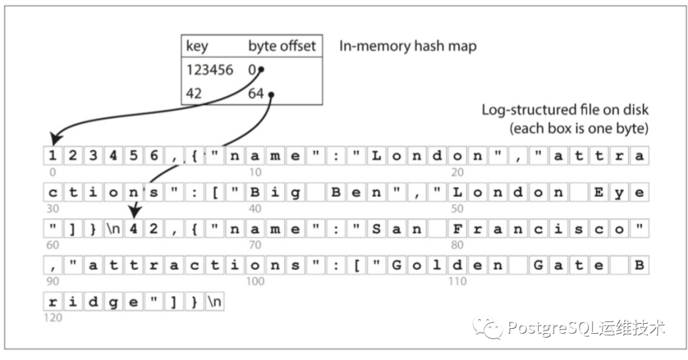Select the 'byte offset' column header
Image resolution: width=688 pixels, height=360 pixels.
(282, 47)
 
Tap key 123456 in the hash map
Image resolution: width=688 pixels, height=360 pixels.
(210, 69)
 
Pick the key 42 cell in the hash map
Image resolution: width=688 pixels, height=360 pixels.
(194, 94)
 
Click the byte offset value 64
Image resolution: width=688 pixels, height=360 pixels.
(257, 94)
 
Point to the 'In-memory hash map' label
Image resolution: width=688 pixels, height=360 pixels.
(408, 46)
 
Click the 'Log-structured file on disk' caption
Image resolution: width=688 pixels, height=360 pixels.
(564, 110)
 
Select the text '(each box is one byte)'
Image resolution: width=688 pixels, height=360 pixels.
(578, 128)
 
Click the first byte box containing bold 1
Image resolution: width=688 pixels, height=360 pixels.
(52, 156)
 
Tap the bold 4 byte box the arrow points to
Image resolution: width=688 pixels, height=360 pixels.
(134, 229)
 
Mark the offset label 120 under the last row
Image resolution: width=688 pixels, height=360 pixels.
(53, 317)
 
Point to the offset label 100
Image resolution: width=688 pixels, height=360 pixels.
(255, 281)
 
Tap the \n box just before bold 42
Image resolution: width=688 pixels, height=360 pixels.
(113, 229)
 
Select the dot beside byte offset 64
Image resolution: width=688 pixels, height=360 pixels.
(271, 96)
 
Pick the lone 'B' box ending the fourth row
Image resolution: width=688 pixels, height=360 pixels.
(638, 266)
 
